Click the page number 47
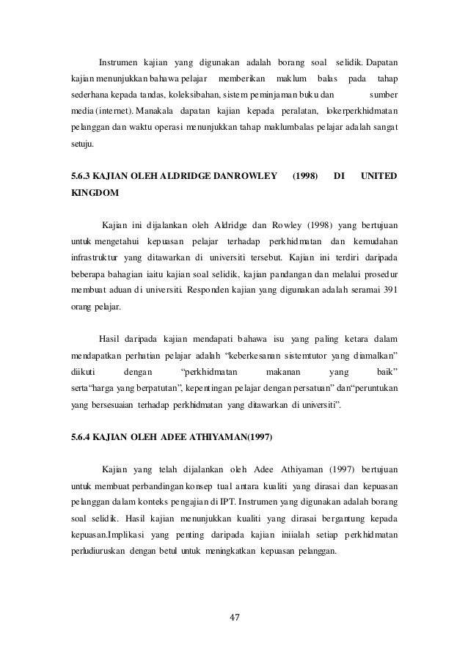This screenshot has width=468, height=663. [235, 615]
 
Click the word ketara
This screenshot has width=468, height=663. [356, 338]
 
